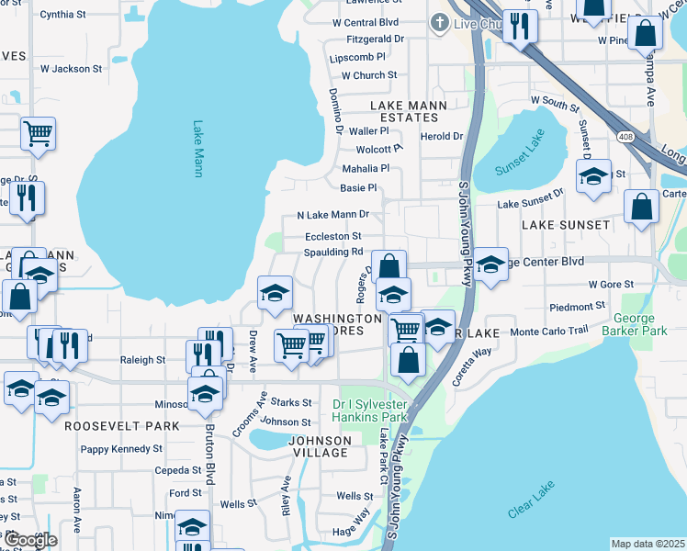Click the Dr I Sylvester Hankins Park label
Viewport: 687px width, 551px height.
[369, 410]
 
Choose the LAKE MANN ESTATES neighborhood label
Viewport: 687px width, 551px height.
[409, 111]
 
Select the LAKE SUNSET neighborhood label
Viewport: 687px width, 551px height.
[566, 224]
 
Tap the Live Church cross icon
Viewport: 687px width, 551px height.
[439, 23]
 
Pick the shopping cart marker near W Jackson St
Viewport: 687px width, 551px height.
[39, 134]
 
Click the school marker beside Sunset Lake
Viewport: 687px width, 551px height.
[593, 176]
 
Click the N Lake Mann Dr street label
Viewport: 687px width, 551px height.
[332, 215]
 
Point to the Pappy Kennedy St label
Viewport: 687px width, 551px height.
[121, 449]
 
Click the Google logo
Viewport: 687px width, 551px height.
[30, 541]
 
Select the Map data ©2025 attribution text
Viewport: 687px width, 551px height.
[648, 544]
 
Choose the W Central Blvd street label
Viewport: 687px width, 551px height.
[366, 22]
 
